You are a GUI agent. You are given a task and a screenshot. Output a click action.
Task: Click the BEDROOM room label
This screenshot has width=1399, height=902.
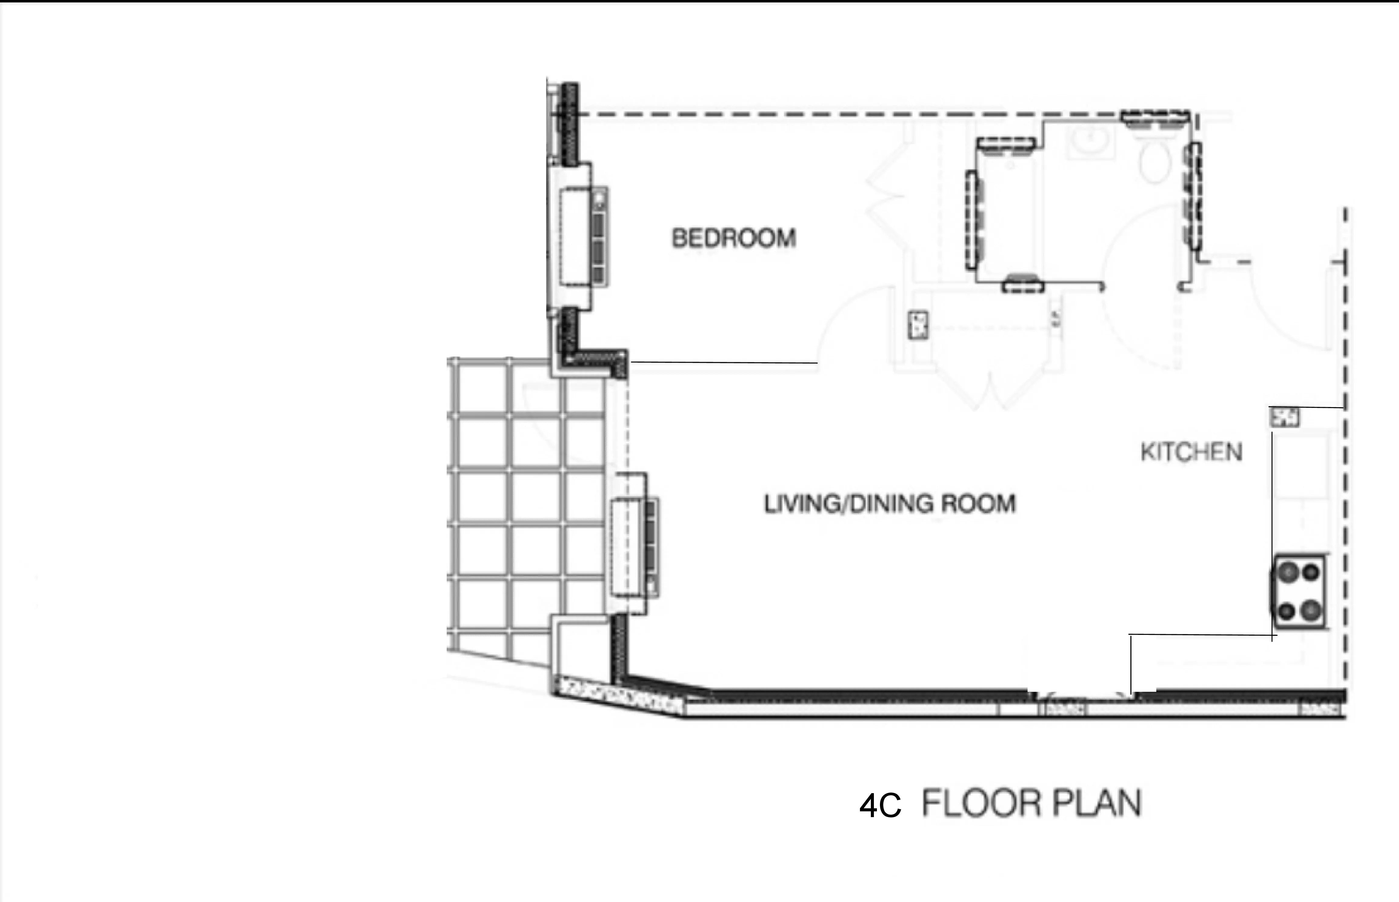pyautogui.click(x=734, y=238)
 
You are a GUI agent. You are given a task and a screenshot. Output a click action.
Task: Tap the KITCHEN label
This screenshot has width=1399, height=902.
pyautogui.click(x=1191, y=452)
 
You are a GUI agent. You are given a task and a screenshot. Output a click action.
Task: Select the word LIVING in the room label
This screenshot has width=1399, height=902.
pyautogui.click(x=801, y=504)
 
